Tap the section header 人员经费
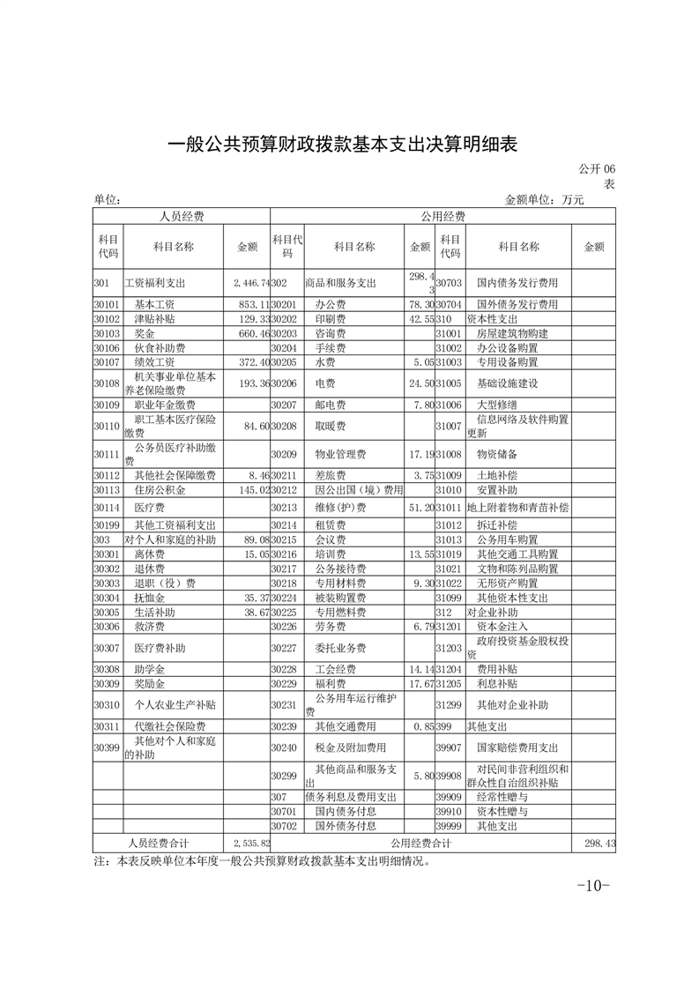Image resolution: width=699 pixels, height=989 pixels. click(182, 216)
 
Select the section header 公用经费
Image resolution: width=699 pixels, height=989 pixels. click(442, 216)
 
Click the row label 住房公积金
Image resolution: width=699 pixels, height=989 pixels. click(155, 489)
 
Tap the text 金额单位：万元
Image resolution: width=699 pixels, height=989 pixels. click(544, 200)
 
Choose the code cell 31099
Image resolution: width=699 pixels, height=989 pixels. click(450, 598)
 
